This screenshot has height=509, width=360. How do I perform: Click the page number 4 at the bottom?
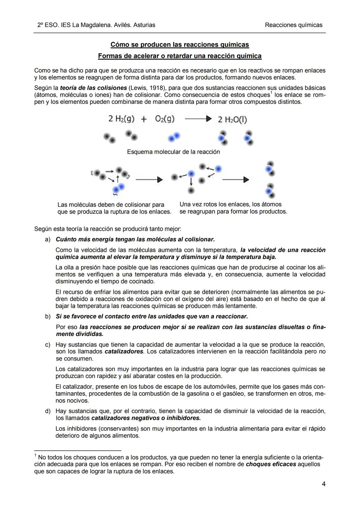[x=323, y=484]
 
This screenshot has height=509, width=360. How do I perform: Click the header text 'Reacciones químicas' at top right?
[x=293, y=25]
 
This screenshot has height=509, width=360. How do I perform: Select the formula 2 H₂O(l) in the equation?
[x=232, y=120]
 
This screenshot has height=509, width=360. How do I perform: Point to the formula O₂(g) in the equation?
[x=165, y=119]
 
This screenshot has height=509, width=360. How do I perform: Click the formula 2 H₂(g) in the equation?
[x=121, y=119]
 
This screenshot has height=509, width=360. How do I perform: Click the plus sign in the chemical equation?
[x=144, y=119]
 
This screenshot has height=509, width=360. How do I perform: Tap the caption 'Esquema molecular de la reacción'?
[x=173, y=152]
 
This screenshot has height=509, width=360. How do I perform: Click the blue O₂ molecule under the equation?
[x=174, y=137]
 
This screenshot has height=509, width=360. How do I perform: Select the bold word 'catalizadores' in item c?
[x=124, y=351]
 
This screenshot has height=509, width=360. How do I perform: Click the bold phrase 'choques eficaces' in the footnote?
[x=271, y=464]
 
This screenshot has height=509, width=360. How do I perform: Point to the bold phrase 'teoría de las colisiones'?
[x=93, y=88]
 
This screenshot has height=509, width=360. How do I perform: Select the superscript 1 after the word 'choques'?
[x=271, y=93]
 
